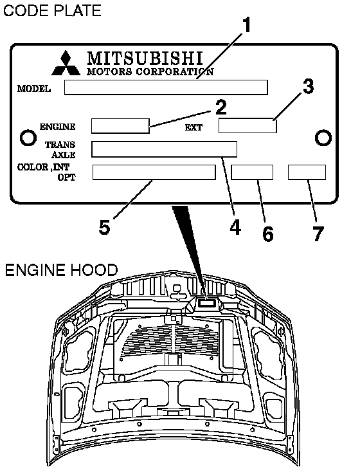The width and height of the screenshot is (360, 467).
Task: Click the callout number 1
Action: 246,25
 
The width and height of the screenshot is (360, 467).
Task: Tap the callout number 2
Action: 221,107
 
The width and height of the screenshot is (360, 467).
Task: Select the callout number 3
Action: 308,86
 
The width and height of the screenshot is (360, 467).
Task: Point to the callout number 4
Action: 235,227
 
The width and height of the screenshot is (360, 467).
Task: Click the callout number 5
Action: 104,227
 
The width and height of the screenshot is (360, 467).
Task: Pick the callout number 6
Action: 267,233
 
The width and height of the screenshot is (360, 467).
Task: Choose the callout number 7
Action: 318,233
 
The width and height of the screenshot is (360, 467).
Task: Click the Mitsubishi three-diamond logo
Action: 66,63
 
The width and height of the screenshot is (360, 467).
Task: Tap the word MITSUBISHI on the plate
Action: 145,59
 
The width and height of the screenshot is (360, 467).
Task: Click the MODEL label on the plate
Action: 33,89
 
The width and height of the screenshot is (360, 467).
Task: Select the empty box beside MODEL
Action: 166,87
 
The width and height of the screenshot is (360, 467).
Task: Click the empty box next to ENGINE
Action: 120,126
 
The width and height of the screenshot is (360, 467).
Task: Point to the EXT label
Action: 194,127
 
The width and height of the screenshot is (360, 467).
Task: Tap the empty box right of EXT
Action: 248,125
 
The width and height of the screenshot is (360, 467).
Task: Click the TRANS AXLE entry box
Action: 164,149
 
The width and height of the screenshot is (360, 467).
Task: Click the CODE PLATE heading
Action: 52,10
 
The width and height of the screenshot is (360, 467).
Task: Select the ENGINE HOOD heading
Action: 61,270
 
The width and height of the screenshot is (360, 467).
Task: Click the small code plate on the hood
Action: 208,303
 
